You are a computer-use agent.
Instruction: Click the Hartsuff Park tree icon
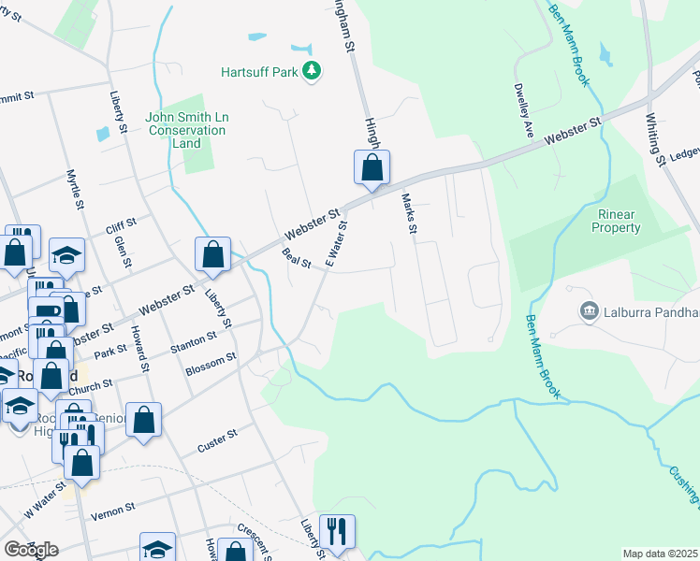(312, 72)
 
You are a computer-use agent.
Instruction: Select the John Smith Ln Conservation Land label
(187, 130)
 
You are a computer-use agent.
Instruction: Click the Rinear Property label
(619, 221)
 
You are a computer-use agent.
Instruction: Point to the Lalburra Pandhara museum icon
(590, 310)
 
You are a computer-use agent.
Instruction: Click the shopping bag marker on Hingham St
(372, 168)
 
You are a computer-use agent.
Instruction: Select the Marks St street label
(408, 213)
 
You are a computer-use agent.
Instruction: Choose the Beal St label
(296, 257)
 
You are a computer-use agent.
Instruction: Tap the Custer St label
(217, 442)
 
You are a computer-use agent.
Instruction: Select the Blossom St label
(211, 362)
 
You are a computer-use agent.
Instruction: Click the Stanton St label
(194, 340)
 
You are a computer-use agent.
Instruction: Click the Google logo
(31, 550)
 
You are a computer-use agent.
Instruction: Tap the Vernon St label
(113, 511)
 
